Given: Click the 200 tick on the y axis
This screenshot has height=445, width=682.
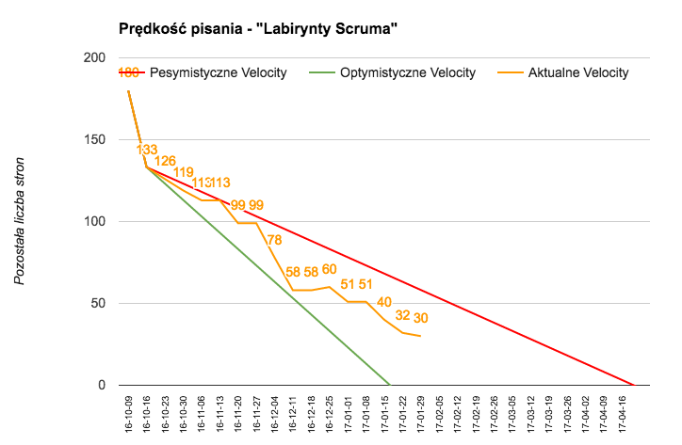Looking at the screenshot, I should click(93, 58).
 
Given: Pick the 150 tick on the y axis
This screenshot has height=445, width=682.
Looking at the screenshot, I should click(93, 140).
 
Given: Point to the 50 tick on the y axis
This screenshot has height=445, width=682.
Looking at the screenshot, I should click(97, 304).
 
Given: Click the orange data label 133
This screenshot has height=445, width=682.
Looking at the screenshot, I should click(147, 150).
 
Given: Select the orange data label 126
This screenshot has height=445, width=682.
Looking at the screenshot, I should click(165, 161).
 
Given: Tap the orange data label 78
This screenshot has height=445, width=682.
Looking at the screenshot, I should click(274, 240).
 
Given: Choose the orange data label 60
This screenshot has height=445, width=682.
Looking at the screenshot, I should click(330, 269).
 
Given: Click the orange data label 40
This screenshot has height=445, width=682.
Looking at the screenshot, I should click(384, 302).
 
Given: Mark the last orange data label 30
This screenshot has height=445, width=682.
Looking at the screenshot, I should click(421, 318).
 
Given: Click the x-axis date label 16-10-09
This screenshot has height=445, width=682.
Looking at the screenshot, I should click(129, 414).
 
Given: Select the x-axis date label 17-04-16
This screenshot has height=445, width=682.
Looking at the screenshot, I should click(622, 414).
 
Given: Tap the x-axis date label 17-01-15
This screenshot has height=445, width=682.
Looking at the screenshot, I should click(384, 414).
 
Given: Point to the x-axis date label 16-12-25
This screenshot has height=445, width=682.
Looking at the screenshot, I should click(330, 414).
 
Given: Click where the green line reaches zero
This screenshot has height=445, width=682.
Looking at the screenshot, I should click(390, 385).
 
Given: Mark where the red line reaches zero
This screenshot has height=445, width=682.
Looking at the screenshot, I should click(633, 385).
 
